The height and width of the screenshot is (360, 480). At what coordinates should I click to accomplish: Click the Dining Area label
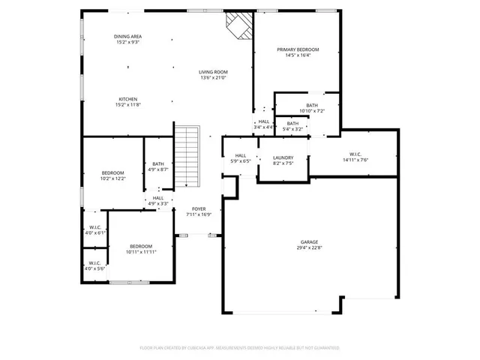(x=127, y=37)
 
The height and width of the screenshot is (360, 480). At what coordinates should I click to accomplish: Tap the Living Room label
(x=214, y=72)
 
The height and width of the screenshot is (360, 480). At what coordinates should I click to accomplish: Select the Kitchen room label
(x=127, y=100)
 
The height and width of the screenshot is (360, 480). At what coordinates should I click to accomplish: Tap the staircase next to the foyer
(x=187, y=157)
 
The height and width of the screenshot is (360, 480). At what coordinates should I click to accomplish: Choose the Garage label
(x=309, y=242)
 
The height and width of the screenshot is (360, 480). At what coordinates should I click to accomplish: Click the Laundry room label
(x=283, y=157)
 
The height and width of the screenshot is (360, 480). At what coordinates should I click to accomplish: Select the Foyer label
(x=199, y=209)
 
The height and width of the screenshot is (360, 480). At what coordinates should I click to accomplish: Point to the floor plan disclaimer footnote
(x=240, y=348)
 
